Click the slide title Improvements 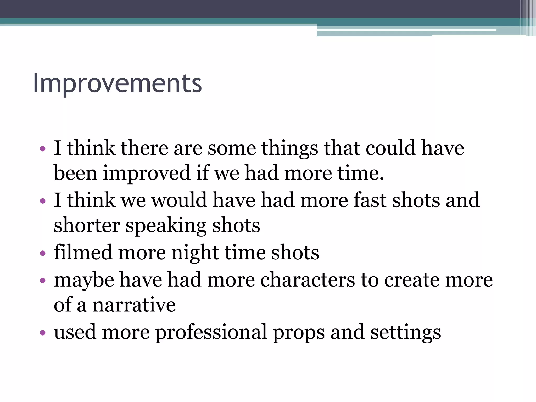[x=118, y=83]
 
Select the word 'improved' [x=147, y=173]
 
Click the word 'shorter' [x=87, y=226]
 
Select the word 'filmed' [x=83, y=253]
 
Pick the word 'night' [x=195, y=253]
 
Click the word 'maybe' [x=84, y=280]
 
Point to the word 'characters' [x=308, y=280]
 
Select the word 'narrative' [x=134, y=305]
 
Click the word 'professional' [x=211, y=332]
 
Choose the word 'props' [x=299, y=332]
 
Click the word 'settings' [x=405, y=332]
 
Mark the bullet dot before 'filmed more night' [x=43, y=253]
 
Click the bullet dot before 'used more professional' [x=43, y=333]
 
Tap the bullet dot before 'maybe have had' [x=43, y=281]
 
